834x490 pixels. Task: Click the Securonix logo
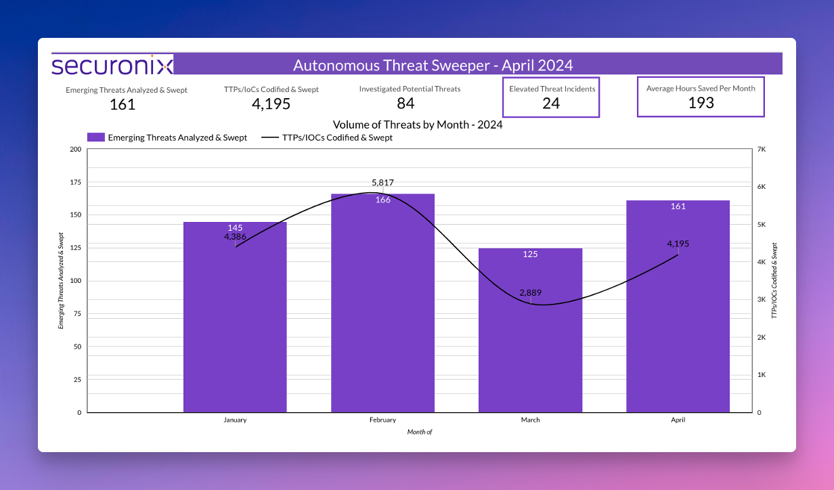(112, 65)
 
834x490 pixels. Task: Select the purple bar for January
(235, 325)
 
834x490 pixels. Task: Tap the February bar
(382, 311)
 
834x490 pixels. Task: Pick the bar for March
(530, 338)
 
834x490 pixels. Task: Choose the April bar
(678, 318)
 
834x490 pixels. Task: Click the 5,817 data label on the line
(382, 183)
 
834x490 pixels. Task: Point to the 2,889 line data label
(530, 293)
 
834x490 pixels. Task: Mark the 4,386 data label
(235, 237)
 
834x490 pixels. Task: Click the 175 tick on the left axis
(74, 183)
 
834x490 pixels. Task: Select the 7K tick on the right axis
(762, 150)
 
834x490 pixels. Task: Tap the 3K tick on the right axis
(762, 299)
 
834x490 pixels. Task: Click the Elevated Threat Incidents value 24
(551, 104)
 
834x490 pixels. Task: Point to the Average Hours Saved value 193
(701, 103)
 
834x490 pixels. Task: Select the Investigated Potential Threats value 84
(405, 104)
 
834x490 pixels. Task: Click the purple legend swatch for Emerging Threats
(96, 137)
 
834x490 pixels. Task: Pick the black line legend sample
(270, 137)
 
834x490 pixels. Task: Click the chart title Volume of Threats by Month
(417, 125)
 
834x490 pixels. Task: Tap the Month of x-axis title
(419, 432)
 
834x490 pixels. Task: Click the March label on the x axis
(530, 420)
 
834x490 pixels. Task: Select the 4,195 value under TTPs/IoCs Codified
(271, 104)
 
